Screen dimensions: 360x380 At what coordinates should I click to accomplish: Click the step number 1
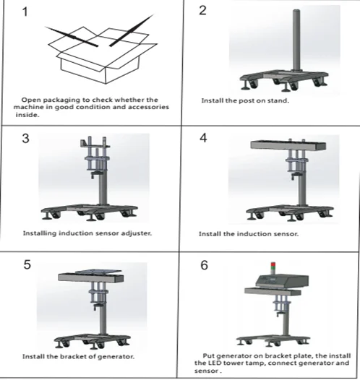point(25,12)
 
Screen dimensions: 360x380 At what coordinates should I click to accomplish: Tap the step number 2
point(202,10)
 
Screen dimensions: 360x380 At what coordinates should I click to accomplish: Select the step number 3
point(25,139)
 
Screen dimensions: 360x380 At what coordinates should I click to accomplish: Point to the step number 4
point(203,138)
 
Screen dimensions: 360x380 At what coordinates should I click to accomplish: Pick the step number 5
point(27,264)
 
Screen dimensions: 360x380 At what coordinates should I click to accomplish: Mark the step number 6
point(204,265)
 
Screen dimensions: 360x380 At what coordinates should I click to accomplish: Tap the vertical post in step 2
point(296,40)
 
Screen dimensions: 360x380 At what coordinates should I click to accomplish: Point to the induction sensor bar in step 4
point(288,145)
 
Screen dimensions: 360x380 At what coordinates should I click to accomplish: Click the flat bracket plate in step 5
point(98,272)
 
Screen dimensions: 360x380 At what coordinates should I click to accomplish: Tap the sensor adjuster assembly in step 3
point(95,157)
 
